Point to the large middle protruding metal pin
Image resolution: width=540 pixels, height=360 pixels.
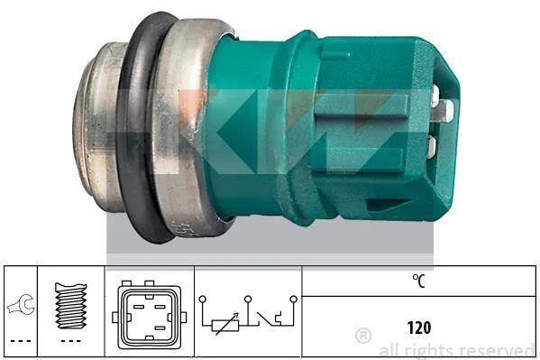444,111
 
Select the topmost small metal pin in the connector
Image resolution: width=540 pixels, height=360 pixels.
435,94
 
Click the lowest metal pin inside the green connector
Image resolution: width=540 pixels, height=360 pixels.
432,146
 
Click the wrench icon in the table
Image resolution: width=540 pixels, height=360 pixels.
21,305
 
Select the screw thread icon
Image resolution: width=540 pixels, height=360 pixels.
71,305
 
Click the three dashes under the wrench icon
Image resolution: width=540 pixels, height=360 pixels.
21,341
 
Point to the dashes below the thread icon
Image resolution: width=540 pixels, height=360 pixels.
71,341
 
